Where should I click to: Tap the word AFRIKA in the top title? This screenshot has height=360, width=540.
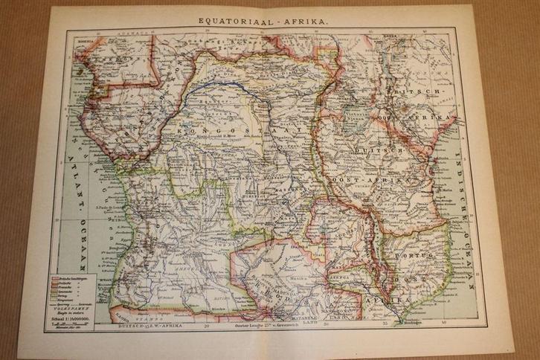(296, 22)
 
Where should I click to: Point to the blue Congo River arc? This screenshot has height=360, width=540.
(223, 89)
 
